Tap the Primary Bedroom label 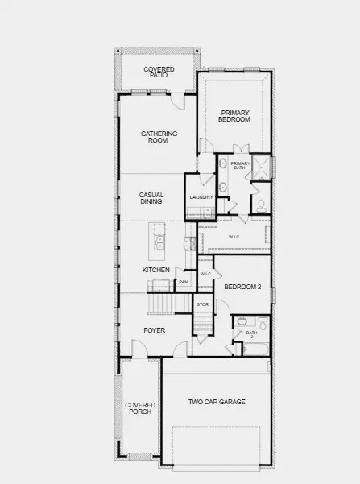click(234, 116)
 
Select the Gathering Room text click(159, 137)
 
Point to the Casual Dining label click(151, 198)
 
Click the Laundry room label click(201, 197)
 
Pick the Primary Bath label click(241, 167)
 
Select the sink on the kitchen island click(159, 239)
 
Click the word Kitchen click(155, 270)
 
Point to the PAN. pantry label click(184, 282)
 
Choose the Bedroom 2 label click(242, 287)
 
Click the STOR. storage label click(202, 304)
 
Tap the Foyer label click(155, 330)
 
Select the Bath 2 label click(251, 334)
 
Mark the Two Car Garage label click(217, 402)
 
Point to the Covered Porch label click(139, 408)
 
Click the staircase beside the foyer click(163, 304)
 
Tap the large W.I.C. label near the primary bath click(234, 237)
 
